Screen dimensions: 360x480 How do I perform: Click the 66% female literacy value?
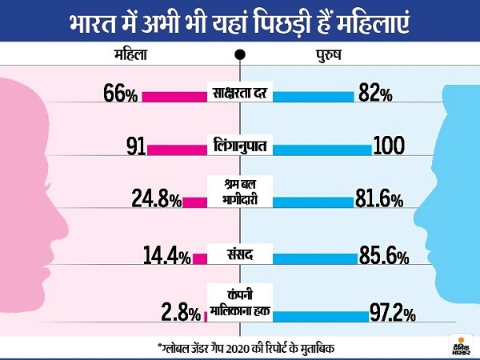pyautogui.click(x=120, y=94)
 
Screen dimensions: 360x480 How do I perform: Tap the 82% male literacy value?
pyautogui.click(x=375, y=94)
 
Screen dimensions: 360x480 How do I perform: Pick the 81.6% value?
pyautogui.click(x=378, y=200)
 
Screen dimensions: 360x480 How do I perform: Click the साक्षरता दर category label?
pyautogui.click(x=241, y=94)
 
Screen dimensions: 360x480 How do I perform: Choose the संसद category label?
pyautogui.click(x=240, y=256)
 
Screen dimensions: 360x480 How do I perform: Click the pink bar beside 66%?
pyautogui.click(x=174, y=95)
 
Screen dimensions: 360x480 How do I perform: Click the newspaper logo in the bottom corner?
pyautogui.click(x=462, y=340)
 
